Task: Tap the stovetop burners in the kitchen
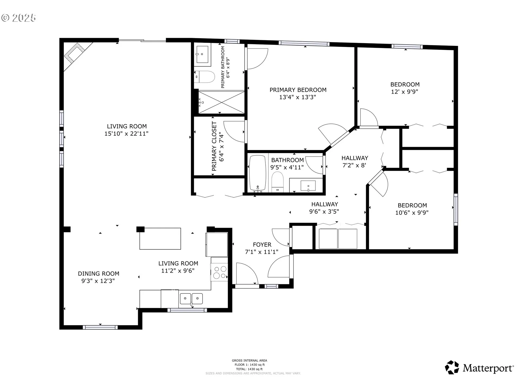pyautogui.click(x=219, y=272)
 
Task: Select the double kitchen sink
pyautogui.click(x=191, y=299)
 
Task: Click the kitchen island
pyautogui.click(x=160, y=239)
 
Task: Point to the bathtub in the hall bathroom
pyautogui.click(x=257, y=173)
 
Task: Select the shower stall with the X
pyautogui.click(x=221, y=102)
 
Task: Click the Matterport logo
pyautogui.click(x=479, y=368)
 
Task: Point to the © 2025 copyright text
pyautogui.click(x=18, y=18)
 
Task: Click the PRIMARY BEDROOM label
pyautogui.click(x=298, y=90)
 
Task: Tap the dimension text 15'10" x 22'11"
pyautogui.click(x=126, y=134)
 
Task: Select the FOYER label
pyautogui.click(x=262, y=245)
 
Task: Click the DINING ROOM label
pyautogui.click(x=99, y=274)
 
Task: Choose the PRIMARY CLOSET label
pyautogui.click(x=214, y=146)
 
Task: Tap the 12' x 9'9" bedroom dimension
pyautogui.click(x=405, y=92)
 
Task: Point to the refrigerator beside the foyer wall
pyautogui.click(x=217, y=244)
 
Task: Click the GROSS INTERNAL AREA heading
pyautogui.click(x=249, y=361)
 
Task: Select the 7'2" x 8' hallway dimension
pyautogui.click(x=355, y=165)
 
